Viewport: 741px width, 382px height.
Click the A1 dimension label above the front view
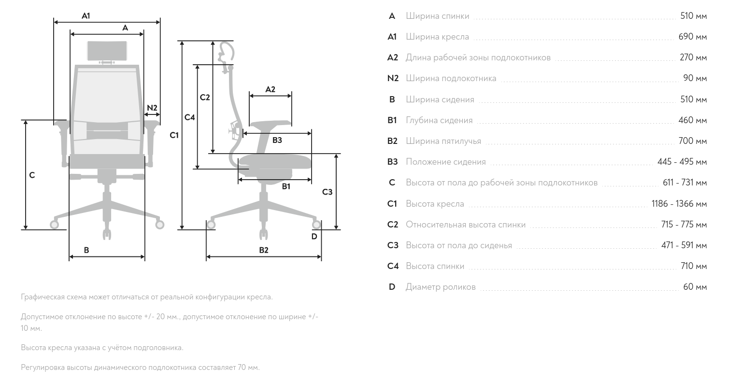click(x=85, y=16)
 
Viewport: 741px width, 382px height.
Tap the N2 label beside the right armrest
click(x=152, y=108)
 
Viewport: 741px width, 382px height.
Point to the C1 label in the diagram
click(x=174, y=136)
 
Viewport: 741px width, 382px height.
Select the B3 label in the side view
click(x=277, y=141)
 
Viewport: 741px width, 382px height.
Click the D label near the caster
click(x=314, y=236)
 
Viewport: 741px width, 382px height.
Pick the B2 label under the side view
click(x=263, y=250)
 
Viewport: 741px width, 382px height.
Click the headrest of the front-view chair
click(x=107, y=51)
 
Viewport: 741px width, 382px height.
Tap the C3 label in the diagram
click(x=327, y=192)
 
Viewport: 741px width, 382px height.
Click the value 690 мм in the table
click(x=693, y=37)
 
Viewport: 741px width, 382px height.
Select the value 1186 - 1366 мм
click(x=679, y=204)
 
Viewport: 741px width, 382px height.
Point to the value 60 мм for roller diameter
click(x=695, y=287)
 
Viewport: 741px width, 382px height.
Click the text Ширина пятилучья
click(x=443, y=141)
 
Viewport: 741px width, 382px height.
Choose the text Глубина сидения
click(x=439, y=120)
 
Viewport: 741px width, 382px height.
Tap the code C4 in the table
click(x=393, y=266)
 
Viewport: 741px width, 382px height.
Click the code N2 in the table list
click(x=393, y=78)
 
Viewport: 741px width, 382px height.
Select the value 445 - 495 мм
click(x=682, y=162)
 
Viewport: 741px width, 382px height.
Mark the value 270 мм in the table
click(x=693, y=57)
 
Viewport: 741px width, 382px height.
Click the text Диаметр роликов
click(x=441, y=287)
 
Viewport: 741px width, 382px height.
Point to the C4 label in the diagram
click(x=190, y=117)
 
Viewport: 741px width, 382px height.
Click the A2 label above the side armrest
click(x=270, y=89)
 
